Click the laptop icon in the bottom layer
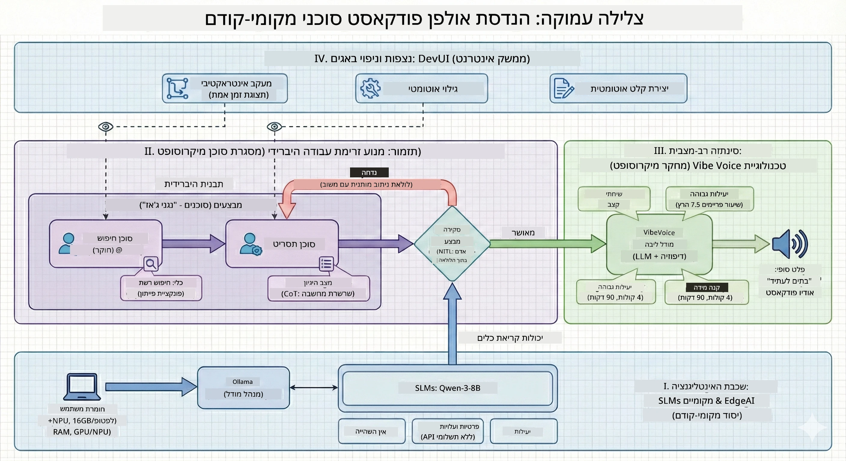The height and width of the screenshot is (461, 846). tap(82, 387)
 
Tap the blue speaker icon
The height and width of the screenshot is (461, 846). tap(790, 244)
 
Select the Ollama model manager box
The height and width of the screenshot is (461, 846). tap(243, 387)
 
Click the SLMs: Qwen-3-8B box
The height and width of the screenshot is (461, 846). tap(448, 388)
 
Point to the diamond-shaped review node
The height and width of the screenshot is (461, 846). tap(452, 243)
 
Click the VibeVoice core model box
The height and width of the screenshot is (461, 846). tap(659, 244)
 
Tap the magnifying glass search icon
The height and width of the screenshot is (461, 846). tap(151, 264)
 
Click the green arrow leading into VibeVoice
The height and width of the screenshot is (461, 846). tap(548, 243)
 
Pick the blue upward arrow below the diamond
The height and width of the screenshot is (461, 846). tap(452, 324)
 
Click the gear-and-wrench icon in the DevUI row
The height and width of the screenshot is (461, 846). tap(370, 88)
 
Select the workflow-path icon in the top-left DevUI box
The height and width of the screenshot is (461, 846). tap(177, 88)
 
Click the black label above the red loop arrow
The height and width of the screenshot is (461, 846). tap(369, 172)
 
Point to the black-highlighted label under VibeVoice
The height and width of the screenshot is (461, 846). tap(707, 288)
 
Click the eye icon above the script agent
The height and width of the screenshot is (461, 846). tap(275, 126)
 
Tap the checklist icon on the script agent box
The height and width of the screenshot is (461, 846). tap(327, 264)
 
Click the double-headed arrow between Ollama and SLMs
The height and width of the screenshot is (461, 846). tap(314, 387)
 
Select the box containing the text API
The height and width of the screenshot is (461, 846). tap(448, 431)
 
